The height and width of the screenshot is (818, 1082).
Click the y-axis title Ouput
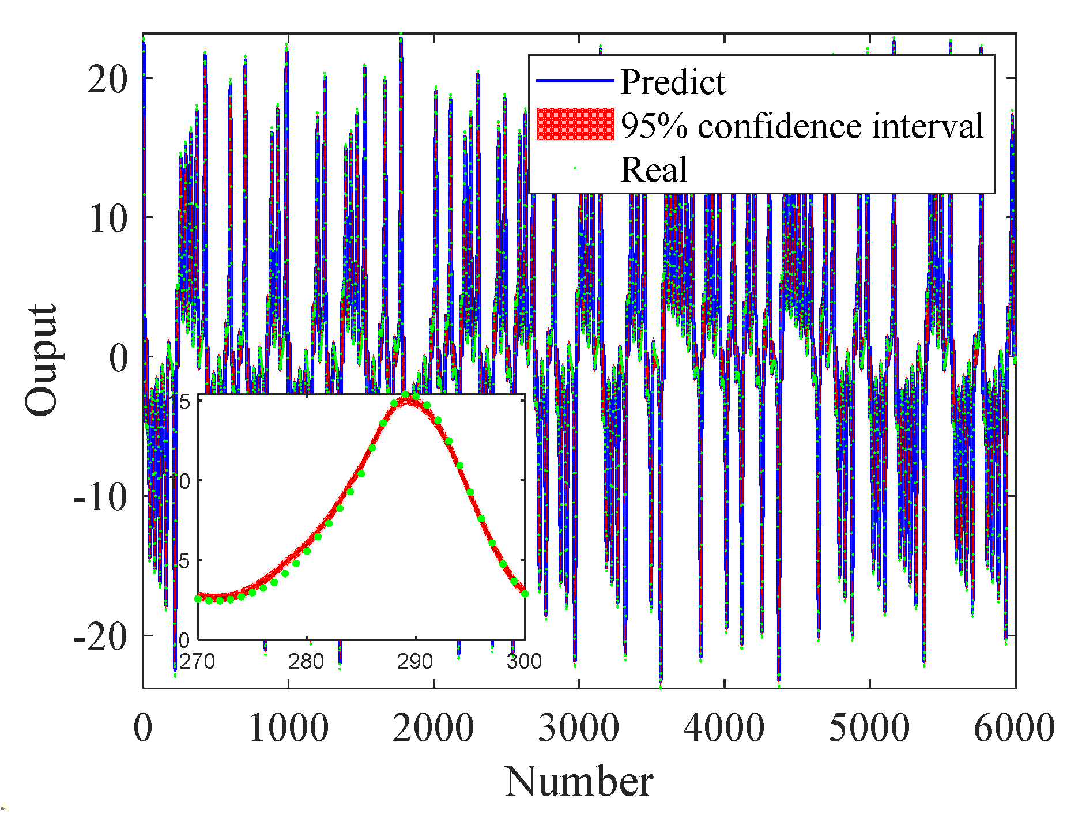click(x=42, y=360)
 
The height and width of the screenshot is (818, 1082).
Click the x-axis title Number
click(x=579, y=782)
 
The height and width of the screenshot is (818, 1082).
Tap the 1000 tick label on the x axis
click(x=288, y=727)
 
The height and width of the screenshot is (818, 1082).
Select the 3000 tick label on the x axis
click(x=578, y=727)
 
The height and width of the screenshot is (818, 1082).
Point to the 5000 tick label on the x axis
click(x=869, y=727)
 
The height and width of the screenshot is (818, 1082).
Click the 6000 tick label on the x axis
click(x=1013, y=727)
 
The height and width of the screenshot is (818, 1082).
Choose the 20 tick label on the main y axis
click(x=107, y=78)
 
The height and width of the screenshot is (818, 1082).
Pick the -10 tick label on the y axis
click(x=100, y=496)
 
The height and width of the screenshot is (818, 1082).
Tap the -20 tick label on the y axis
click(x=100, y=636)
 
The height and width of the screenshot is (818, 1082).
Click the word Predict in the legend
click(x=672, y=82)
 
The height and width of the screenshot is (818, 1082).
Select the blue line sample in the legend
click(x=575, y=81)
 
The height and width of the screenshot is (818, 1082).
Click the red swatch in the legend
click(x=575, y=124)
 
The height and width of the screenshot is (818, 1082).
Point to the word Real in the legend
click(x=653, y=169)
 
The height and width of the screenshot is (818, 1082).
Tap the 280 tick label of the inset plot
click(x=306, y=661)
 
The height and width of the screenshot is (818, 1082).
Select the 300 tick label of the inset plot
click(x=523, y=661)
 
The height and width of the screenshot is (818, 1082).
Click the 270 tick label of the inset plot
click(x=197, y=661)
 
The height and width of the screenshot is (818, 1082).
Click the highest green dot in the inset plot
click(x=405, y=395)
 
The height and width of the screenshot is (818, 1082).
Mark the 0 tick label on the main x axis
click(x=143, y=727)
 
